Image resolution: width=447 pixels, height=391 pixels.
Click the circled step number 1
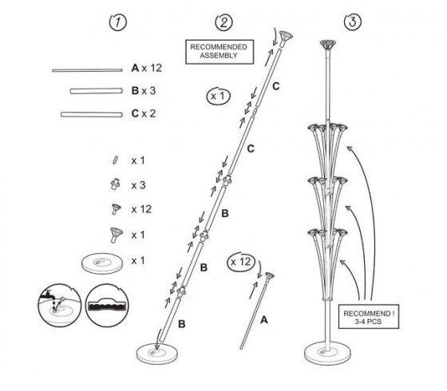(x=118, y=22)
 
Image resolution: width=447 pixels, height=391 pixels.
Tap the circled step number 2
(x=223, y=22)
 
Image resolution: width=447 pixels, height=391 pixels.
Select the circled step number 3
(x=353, y=22)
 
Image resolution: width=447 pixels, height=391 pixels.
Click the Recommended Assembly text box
(x=220, y=52)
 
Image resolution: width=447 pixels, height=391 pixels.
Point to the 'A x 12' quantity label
(x=147, y=68)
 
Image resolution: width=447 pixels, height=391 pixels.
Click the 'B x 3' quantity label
(x=144, y=91)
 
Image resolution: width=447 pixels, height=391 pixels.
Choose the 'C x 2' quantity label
(x=144, y=113)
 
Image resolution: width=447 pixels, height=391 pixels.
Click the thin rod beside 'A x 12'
(x=87, y=70)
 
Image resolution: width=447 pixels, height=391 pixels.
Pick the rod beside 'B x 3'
(x=97, y=91)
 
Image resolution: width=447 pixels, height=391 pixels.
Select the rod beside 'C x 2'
(x=92, y=114)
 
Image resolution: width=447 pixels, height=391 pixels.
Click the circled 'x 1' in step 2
(x=219, y=96)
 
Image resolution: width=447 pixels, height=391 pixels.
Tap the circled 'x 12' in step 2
(x=241, y=262)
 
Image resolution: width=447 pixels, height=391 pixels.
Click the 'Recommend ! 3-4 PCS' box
(x=369, y=317)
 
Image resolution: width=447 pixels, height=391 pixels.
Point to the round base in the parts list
(x=102, y=263)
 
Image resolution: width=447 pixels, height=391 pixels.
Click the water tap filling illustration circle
(x=60, y=305)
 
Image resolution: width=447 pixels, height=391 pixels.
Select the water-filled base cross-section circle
(x=107, y=305)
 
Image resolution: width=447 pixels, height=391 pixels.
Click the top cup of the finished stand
(x=328, y=45)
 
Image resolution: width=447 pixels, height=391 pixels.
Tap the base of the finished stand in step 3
(x=327, y=353)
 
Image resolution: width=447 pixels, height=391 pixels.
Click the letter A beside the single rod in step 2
(x=264, y=320)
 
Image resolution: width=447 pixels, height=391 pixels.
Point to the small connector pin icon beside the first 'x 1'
(x=115, y=160)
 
